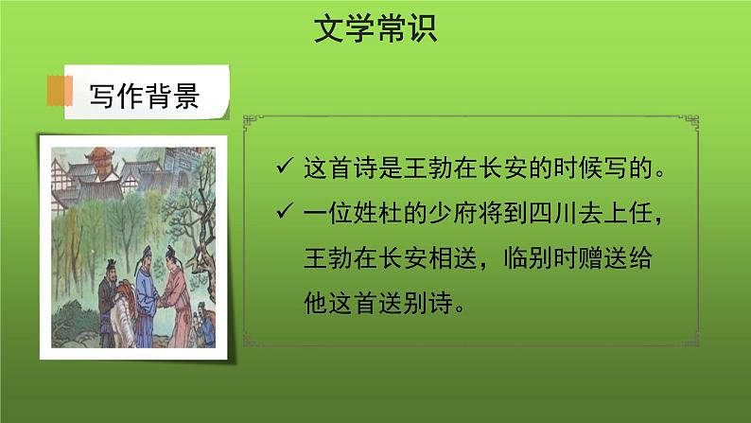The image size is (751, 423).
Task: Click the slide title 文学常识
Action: point(375,29)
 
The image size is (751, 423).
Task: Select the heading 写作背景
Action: point(144,96)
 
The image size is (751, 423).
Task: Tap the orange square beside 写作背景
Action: point(60,92)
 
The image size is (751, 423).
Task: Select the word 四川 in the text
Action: point(561,219)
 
